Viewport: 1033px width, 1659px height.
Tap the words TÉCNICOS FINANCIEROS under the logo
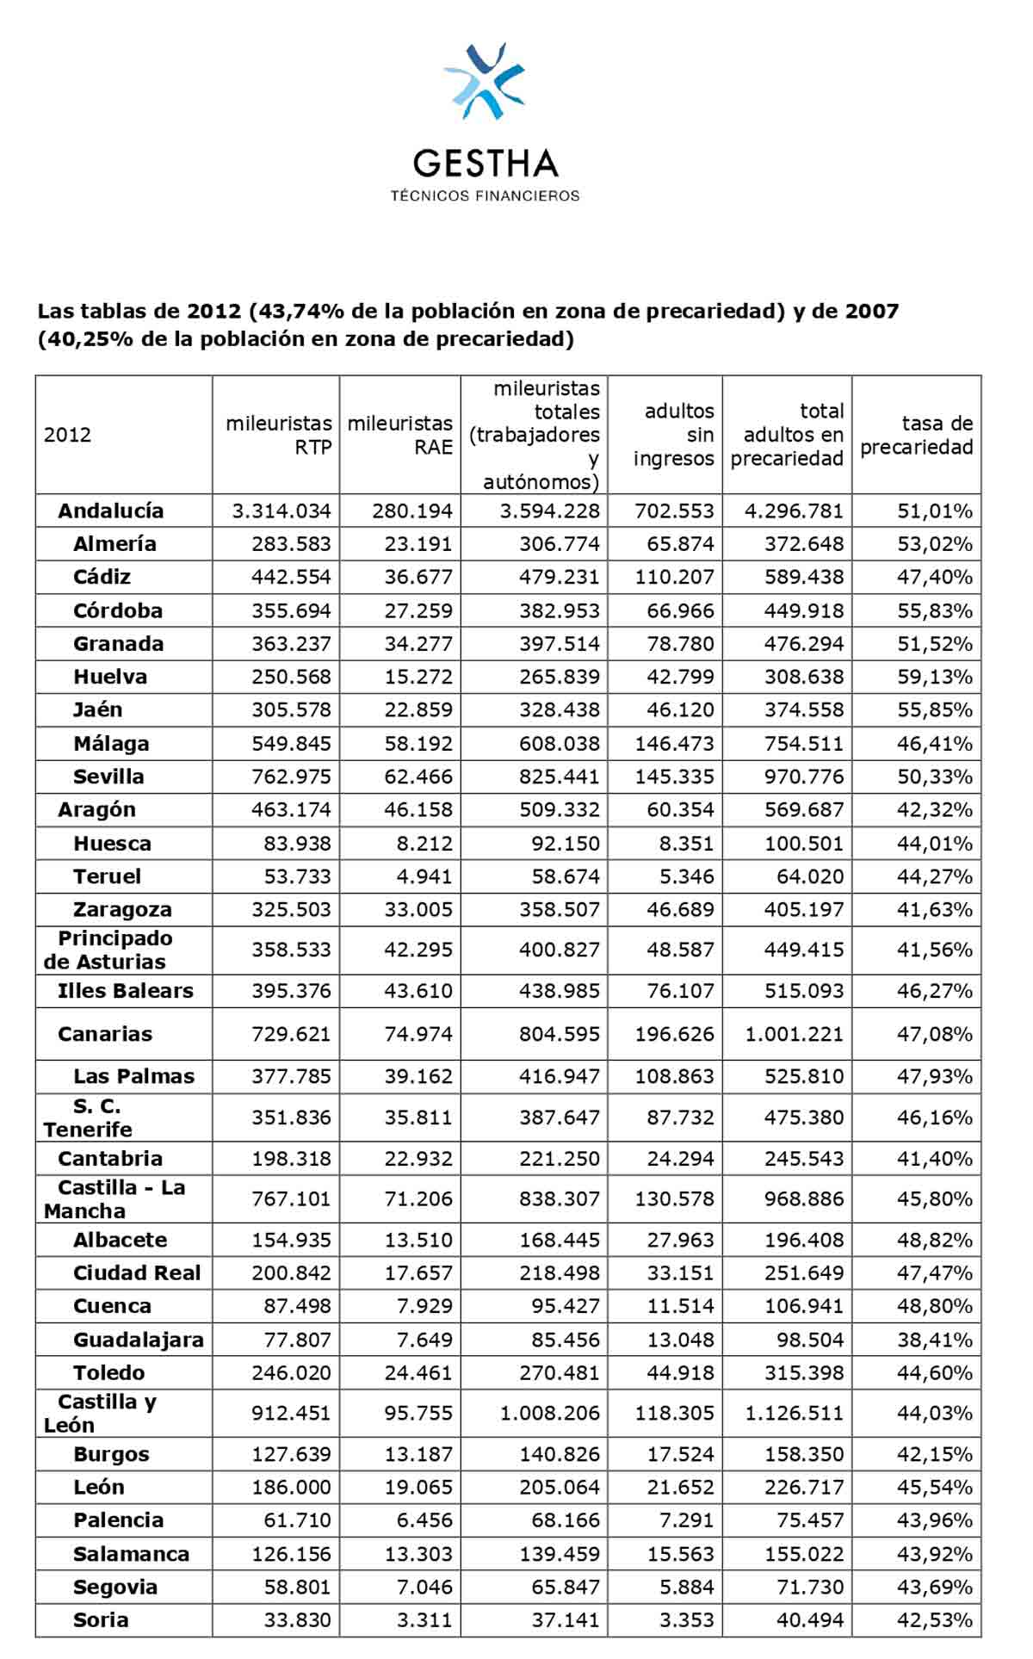(x=485, y=196)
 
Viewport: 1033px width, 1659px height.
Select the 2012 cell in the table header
(x=67, y=435)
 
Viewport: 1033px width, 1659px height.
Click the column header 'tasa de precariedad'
(x=916, y=435)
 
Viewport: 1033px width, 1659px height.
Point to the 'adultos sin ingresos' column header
(x=673, y=435)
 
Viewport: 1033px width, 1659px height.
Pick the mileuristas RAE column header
(x=400, y=435)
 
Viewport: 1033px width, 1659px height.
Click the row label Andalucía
(x=110, y=511)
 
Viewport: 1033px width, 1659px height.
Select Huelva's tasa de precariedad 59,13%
(x=934, y=677)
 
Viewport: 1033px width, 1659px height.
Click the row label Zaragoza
(x=122, y=910)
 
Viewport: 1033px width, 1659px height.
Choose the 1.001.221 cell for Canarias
(x=794, y=1034)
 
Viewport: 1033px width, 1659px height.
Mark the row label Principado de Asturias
(x=108, y=950)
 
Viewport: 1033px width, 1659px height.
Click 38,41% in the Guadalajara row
(x=934, y=1340)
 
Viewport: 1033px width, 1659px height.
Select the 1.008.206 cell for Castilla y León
(x=549, y=1413)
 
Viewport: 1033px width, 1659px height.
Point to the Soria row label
(x=101, y=1619)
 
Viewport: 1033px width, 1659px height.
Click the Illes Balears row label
(x=125, y=991)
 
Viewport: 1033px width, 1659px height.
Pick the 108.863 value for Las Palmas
(x=674, y=1076)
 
